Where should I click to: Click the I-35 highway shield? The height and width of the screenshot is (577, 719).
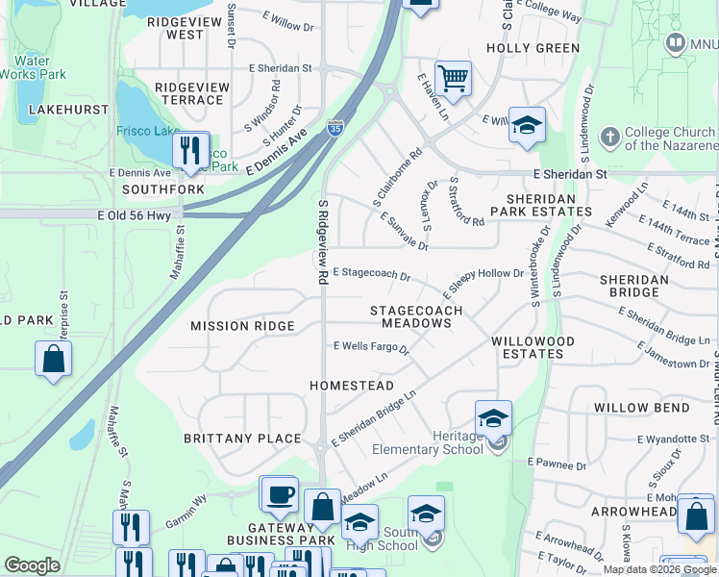(335, 128)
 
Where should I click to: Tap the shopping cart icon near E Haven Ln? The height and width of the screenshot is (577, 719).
(453, 78)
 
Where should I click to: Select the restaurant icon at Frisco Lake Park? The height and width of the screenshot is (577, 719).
(189, 150)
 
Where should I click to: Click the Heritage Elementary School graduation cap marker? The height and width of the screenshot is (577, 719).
(493, 419)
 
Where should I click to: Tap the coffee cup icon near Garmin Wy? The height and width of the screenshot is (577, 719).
(280, 494)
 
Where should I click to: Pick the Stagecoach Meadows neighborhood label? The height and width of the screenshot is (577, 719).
(417, 317)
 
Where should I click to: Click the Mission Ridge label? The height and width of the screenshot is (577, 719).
(242, 326)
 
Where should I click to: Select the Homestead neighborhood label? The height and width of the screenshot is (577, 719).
(352, 386)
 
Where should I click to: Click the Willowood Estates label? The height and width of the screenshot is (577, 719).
(533, 347)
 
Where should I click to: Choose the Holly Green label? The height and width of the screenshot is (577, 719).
(533, 48)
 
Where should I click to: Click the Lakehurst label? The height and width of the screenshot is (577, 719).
(68, 110)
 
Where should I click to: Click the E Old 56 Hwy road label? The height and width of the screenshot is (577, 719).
(134, 216)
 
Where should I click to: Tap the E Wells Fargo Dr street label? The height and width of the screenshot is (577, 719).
(371, 347)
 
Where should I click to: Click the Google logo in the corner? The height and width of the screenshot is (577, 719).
(33, 566)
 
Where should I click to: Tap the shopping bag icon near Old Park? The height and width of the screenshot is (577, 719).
(54, 361)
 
